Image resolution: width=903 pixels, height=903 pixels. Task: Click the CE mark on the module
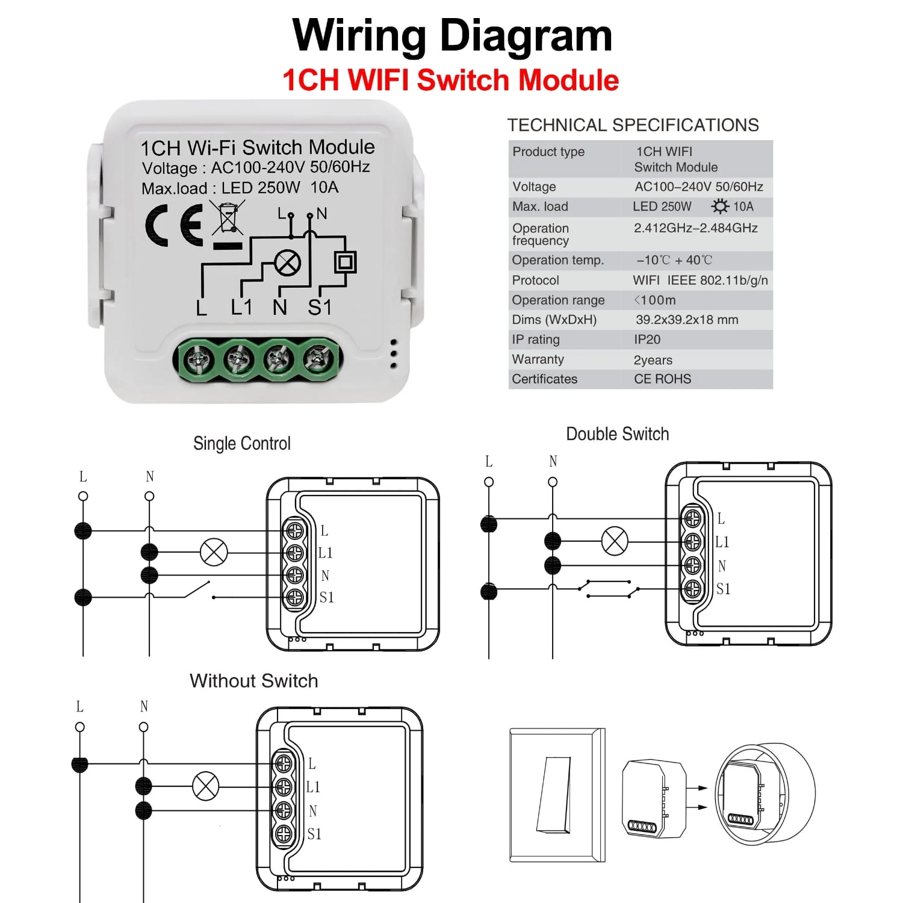tap(175, 225)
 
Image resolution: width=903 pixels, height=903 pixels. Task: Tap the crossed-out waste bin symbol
tap(228, 218)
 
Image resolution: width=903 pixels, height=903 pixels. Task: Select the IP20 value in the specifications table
tap(647, 340)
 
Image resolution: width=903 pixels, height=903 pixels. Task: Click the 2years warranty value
tap(653, 360)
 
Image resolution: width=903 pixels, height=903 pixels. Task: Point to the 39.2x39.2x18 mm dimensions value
tap(686, 320)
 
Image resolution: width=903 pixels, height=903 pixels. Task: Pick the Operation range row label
tap(558, 300)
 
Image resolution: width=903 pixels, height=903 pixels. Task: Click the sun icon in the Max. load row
tap(719, 206)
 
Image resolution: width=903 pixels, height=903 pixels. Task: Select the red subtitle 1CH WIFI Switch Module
tap(450, 80)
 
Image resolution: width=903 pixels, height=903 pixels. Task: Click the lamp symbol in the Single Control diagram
tap(214, 552)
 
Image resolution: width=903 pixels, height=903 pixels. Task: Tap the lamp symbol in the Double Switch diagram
tap(615, 541)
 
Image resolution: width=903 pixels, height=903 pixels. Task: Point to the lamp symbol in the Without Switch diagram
tap(205, 786)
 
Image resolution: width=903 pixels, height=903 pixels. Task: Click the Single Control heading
tap(241, 444)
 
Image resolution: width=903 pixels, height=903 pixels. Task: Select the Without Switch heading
tap(253, 681)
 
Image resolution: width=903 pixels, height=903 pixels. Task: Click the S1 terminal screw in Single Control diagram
tap(295, 597)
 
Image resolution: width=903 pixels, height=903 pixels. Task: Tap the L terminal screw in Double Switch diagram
tap(692, 518)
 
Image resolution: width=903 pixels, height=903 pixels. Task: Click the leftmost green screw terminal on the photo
tap(197, 361)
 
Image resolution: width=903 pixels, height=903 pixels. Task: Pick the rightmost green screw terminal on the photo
tap(318, 360)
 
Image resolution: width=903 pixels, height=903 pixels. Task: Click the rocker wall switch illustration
tap(557, 795)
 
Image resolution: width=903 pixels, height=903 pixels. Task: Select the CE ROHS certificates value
tap(662, 379)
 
